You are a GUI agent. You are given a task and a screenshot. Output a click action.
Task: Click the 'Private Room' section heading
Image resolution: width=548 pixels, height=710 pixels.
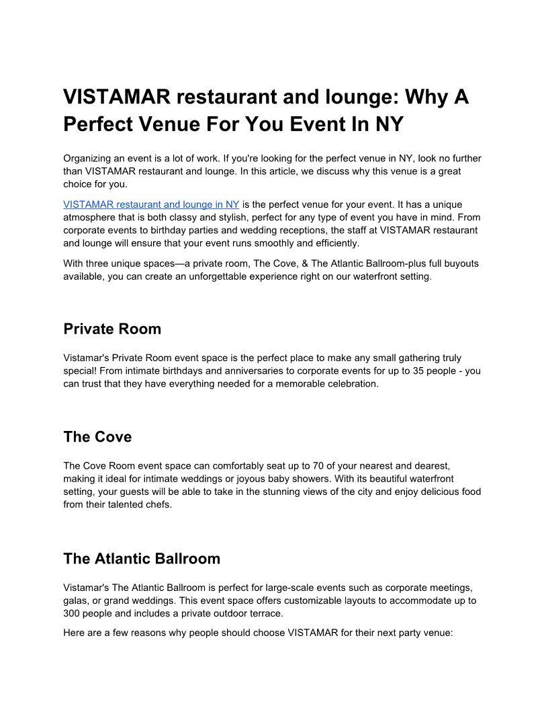(x=112, y=329)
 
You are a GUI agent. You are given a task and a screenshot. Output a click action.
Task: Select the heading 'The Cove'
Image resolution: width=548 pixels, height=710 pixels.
(x=97, y=437)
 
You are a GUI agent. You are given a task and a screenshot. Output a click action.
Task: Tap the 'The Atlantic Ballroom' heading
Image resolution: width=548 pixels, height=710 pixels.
(x=142, y=559)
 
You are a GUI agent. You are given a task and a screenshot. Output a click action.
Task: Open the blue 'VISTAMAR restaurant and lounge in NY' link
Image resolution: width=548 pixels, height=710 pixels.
(x=151, y=204)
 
